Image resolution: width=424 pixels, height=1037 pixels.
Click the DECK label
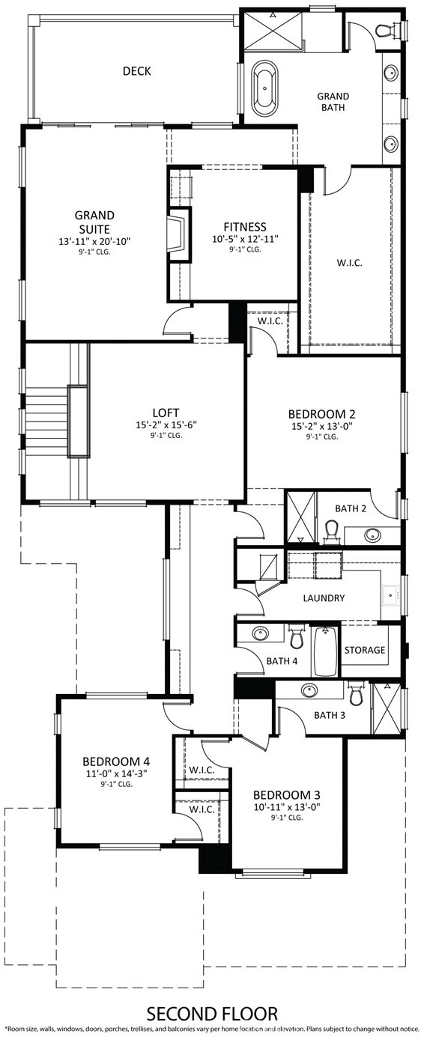click(137, 71)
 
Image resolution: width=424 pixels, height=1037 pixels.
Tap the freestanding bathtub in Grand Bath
click(264, 88)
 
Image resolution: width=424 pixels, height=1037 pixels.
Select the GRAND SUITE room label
click(94, 222)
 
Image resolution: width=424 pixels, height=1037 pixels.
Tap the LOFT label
click(166, 412)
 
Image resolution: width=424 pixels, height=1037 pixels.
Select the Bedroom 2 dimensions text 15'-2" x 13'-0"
click(321, 425)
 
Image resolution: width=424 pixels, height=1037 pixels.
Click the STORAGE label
click(365, 650)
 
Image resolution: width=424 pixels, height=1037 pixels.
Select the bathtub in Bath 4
click(325, 651)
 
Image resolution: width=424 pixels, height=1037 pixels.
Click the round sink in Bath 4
click(259, 633)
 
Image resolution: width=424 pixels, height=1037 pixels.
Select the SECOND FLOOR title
click(212, 1014)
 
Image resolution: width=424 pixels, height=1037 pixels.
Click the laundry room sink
click(390, 595)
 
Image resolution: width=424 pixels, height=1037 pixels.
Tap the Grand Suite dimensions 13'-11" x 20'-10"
click(94, 242)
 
